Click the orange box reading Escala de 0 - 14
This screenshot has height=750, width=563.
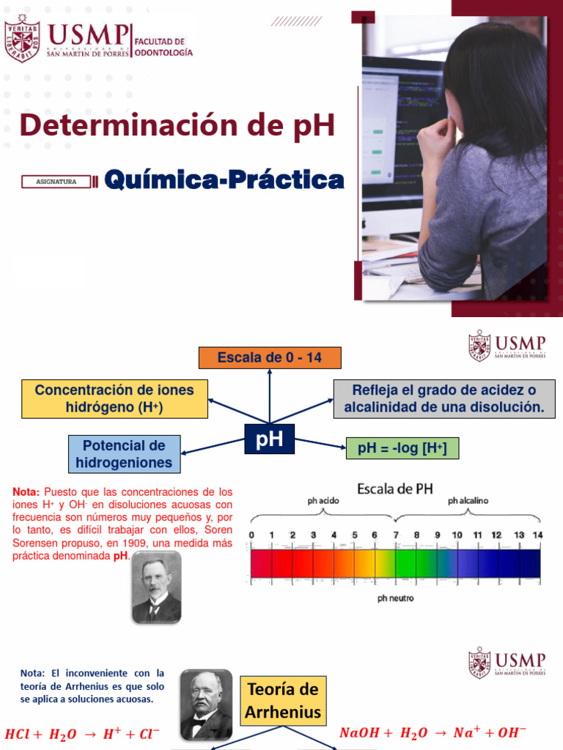tap(270, 357)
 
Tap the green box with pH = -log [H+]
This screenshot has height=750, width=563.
tap(402, 448)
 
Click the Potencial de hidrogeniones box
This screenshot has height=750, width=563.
tap(124, 454)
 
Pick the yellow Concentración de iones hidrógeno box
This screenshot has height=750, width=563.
tap(114, 398)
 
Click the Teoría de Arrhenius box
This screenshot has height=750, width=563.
tap(283, 700)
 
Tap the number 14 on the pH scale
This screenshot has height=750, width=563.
tap(537, 535)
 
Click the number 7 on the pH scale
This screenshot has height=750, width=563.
tap(395, 535)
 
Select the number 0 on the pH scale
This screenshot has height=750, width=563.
tap(251, 535)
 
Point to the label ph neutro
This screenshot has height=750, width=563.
tap(395, 598)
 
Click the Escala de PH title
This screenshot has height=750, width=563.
tap(394, 489)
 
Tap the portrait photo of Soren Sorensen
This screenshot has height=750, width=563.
tap(156, 587)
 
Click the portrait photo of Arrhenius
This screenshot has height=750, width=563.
tap(206, 704)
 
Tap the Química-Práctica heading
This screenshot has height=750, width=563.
tap(224, 179)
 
